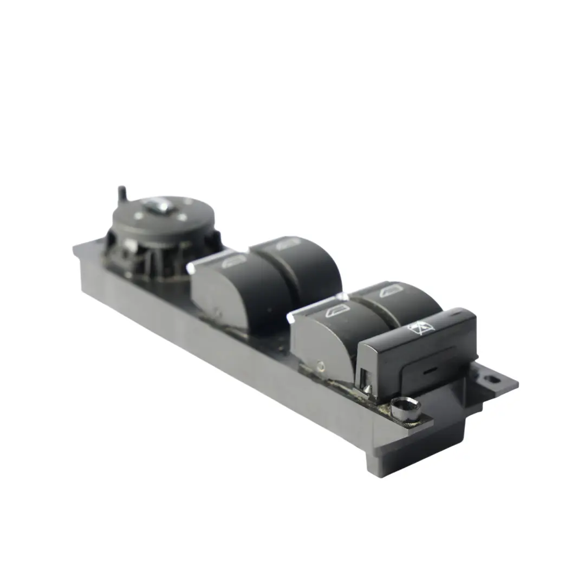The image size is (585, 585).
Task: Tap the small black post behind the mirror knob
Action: (x=122, y=194)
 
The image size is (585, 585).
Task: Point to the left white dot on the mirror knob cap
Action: (x=139, y=215)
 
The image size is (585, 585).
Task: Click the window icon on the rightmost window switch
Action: (x=392, y=291)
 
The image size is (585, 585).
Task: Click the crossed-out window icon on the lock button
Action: (x=421, y=327)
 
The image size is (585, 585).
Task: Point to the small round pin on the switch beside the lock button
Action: (x=322, y=367)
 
